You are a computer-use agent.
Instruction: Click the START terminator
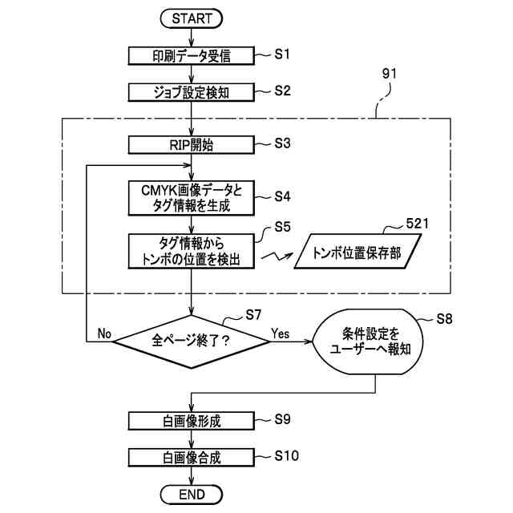click(192, 18)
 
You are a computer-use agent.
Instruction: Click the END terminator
click(192, 495)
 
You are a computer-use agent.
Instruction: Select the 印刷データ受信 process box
click(192, 56)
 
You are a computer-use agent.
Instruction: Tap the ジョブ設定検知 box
click(192, 92)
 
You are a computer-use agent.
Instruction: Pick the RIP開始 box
click(192, 145)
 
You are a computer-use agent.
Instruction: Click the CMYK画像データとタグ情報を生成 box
click(192, 198)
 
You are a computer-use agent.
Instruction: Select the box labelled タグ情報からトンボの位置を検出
click(192, 251)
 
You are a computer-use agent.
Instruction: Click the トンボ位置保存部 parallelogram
click(357, 251)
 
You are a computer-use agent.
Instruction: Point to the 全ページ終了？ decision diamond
click(192, 341)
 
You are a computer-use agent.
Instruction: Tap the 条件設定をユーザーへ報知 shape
click(368, 341)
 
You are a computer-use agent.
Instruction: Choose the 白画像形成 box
click(192, 421)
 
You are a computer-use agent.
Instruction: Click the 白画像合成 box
click(192, 458)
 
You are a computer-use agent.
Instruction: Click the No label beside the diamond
click(104, 333)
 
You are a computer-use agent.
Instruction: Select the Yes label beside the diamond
click(281, 333)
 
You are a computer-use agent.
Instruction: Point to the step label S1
click(282, 54)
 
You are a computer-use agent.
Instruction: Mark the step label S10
click(287, 455)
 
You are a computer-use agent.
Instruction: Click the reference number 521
click(417, 224)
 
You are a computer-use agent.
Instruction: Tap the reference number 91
click(390, 74)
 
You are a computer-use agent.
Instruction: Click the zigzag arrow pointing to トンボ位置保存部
click(277, 256)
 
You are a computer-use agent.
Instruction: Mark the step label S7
click(253, 315)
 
